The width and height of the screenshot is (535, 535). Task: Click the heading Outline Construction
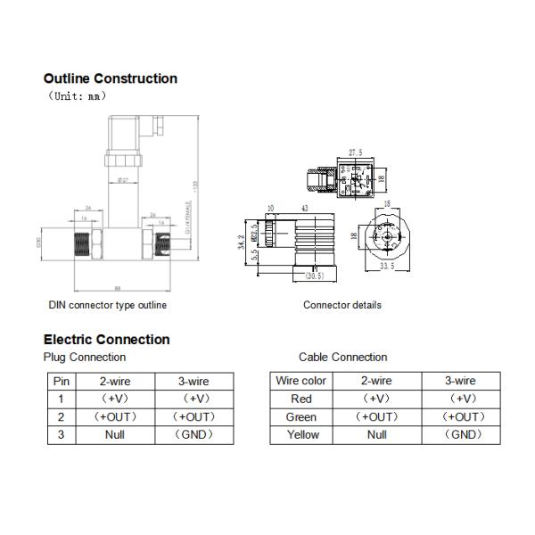(x=111, y=78)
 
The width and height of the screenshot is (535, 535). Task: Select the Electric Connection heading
(x=106, y=339)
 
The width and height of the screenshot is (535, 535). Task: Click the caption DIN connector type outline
(x=107, y=305)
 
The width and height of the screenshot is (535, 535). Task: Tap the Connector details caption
(x=342, y=305)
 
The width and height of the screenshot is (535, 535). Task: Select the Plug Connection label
(x=85, y=357)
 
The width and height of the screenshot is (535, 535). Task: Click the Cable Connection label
(x=342, y=357)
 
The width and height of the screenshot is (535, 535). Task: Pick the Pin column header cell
(x=61, y=381)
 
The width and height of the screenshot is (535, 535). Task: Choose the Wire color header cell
(x=301, y=381)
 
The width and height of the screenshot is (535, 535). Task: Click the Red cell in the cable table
(x=301, y=399)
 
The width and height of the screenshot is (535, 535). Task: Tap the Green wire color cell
(x=301, y=416)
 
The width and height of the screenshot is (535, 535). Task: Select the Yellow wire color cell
(x=301, y=435)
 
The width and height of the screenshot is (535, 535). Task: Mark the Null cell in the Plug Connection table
(x=114, y=435)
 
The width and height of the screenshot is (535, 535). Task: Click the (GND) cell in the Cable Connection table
(x=463, y=435)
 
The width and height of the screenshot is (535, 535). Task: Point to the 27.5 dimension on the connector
(x=355, y=153)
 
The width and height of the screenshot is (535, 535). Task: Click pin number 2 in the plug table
(x=61, y=416)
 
